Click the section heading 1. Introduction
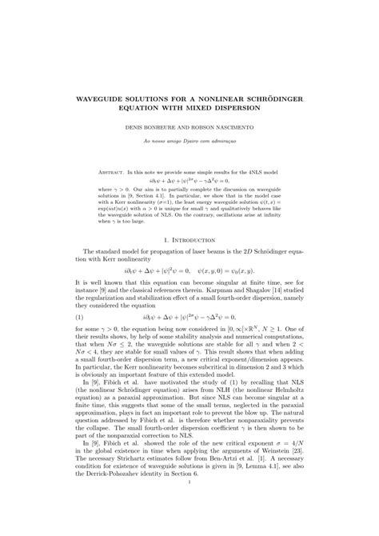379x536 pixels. point(190,240)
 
